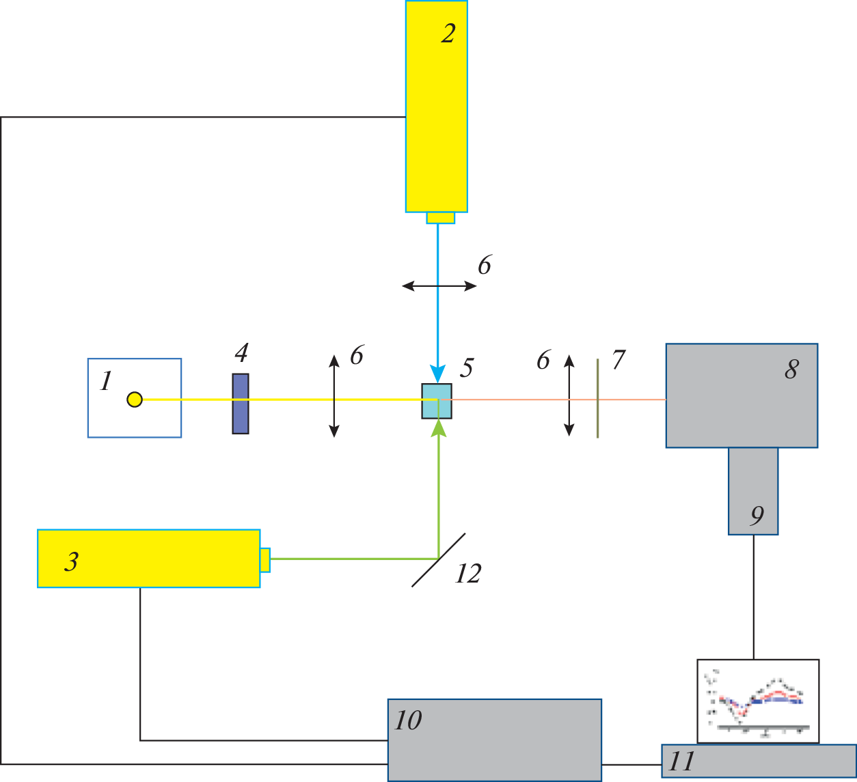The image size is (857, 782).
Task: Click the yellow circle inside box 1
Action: point(135,400)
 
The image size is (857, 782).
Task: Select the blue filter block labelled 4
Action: point(241,404)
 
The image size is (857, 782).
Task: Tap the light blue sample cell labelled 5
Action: point(437,401)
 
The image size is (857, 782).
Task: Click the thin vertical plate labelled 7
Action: point(597,398)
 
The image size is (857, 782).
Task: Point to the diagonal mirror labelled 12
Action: point(439,559)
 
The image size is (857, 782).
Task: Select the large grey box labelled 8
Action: point(742,395)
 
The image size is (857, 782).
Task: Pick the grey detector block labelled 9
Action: point(753,491)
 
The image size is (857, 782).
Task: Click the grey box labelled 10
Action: point(494,740)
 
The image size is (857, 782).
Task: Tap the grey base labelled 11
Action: point(759,761)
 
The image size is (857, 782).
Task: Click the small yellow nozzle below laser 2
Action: point(440,218)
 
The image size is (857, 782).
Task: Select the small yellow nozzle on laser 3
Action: point(265,559)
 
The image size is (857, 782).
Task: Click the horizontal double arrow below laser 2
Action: point(439,286)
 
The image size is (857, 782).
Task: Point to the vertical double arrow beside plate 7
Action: point(569,395)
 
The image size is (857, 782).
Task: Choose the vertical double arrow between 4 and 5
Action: point(334,396)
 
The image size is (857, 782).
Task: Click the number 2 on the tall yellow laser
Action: point(448,33)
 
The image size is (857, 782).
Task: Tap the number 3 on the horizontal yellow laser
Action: point(71,561)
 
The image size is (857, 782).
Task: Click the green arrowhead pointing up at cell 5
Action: point(439,427)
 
